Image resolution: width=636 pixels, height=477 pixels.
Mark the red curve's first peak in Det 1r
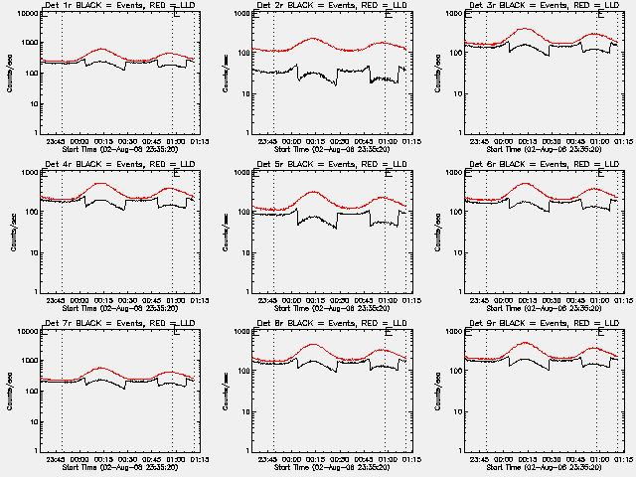[x=102, y=49]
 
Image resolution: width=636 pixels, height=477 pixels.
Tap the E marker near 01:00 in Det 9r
[x=599, y=333]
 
